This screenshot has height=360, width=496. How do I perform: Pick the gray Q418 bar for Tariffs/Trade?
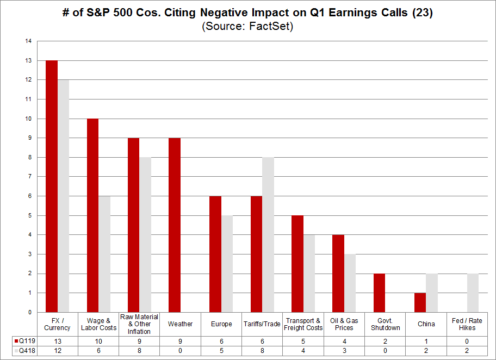pyautogui.click(x=268, y=234)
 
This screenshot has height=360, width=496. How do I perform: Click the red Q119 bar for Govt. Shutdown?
pyautogui.click(x=379, y=293)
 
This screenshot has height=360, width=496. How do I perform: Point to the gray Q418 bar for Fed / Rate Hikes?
pyautogui.click(x=473, y=293)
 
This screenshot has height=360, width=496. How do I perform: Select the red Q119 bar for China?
pyautogui.click(x=420, y=302)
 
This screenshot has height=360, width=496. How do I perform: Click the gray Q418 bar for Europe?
pyautogui.click(x=227, y=264)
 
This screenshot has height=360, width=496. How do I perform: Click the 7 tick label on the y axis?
pyautogui.click(x=30, y=177)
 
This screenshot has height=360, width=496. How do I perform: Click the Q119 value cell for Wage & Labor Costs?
pyautogui.click(x=98, y=340)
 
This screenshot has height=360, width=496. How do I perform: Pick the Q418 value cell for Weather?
pyautogui.click(x=180, y=351)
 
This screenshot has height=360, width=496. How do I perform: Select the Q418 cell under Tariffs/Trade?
pyautogui.click(x=262, y=351)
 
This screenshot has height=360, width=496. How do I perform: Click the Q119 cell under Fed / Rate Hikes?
pyautogui.click(x=467, y=340)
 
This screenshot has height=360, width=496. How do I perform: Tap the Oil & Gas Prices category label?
pyautogui.click(x=344, y=324)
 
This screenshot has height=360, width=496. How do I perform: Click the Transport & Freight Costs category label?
pyautogui.click(x=303, y=324)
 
